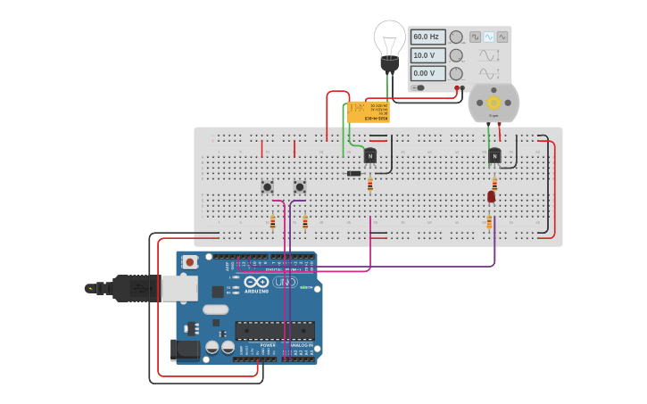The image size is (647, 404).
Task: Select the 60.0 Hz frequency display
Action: [427, 37]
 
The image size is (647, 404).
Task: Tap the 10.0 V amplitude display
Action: [427, 55]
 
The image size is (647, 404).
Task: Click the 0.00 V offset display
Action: [427, 73]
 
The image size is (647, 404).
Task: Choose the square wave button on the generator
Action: [475, 37]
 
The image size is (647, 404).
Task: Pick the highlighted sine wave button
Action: [488, 37]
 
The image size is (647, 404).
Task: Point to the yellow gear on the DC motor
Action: [494, 103]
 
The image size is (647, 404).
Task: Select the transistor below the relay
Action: [369, 155]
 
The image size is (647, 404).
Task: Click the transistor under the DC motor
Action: [494, 156]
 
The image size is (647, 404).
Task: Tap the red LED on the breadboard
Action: [491, 196]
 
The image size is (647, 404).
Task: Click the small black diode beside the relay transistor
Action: [353, 173]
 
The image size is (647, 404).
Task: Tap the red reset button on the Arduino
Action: [189, 262]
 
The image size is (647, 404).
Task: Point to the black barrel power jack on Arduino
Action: [185, 349]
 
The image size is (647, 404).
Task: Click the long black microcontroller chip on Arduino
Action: [275, 330]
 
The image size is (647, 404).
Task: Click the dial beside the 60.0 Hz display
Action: [456, 37]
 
